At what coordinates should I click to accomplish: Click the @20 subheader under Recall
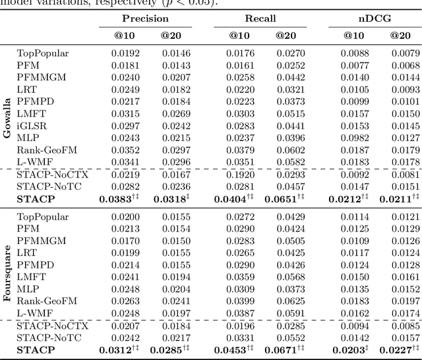[285, 36]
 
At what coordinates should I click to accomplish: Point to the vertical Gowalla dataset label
[7, 119]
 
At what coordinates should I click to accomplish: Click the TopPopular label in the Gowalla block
[43, 53]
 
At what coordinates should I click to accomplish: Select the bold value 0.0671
[285, 350]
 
